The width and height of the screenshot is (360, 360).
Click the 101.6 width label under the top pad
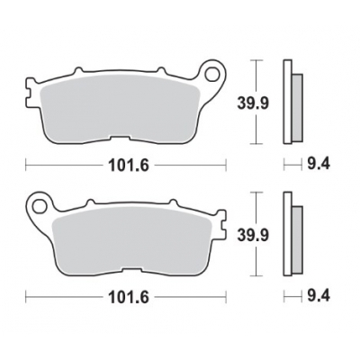pos(125,165)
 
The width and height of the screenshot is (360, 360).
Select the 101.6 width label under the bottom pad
pos(125,293)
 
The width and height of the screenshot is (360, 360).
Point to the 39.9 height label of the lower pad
pos(275,233)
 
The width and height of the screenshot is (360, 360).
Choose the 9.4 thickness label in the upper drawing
pos(314,165)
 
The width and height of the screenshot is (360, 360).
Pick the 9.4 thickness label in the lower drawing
pos(314,293)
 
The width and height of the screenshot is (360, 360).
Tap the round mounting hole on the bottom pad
pos(38,204)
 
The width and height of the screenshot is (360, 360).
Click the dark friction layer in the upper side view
pos(297,104)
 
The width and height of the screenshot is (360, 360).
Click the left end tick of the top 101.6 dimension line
pos(26,165)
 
